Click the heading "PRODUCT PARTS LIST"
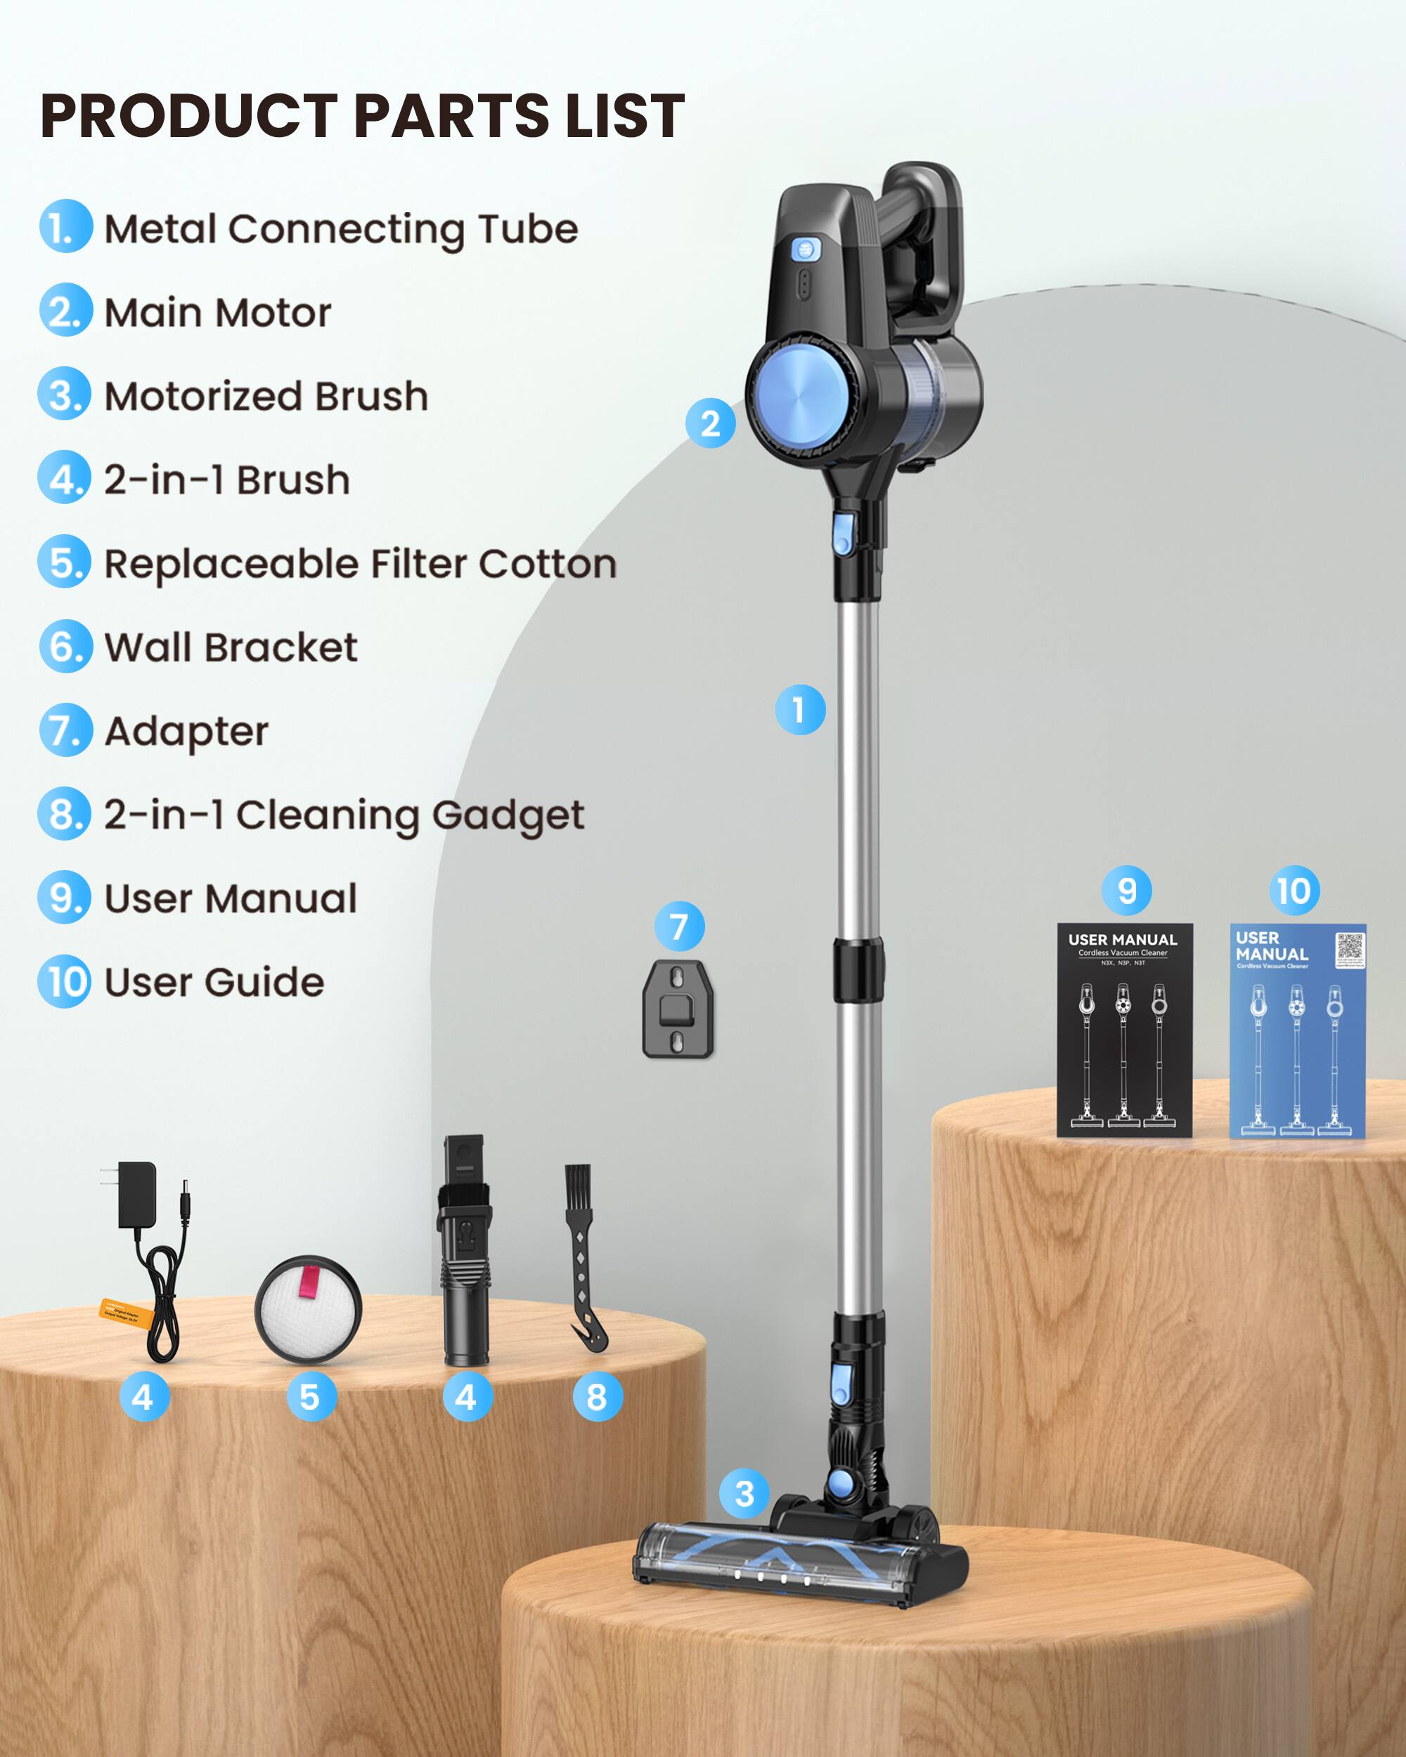tap(362, 116)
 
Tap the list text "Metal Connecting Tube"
tap(341, 229)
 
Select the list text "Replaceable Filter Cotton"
tap(359, 564)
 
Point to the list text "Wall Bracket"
tap(231, 648)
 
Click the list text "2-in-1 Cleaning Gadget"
tap(343, 815)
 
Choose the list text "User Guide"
tap(214, 983)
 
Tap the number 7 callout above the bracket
tap(679, 926)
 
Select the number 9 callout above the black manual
tap(1126, 890)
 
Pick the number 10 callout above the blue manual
tap(1294, 890)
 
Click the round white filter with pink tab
tap(308, 1309)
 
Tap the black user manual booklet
tap(1125, 1030)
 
